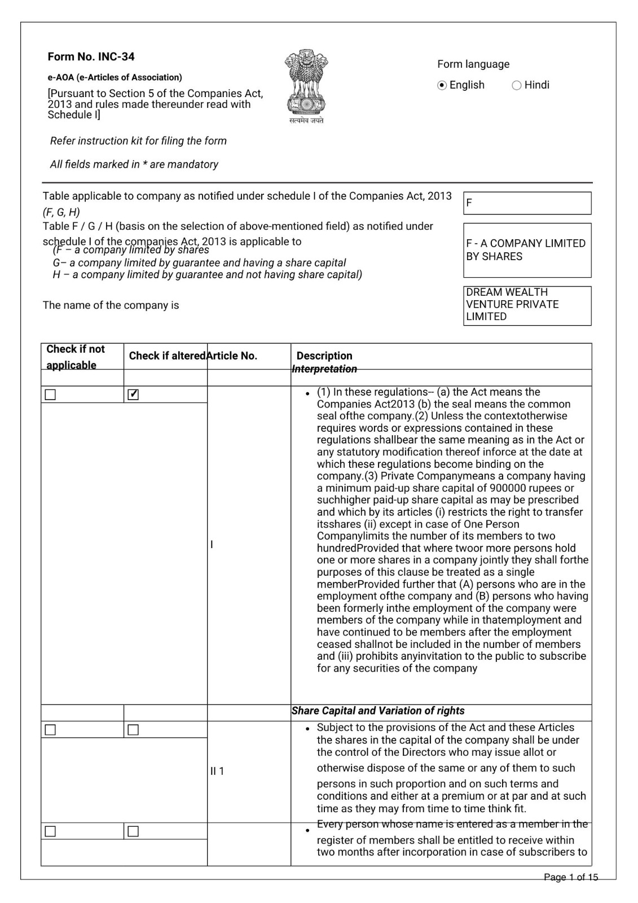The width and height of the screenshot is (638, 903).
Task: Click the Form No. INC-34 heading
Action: pos(91,56)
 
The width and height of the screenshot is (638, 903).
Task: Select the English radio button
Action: pos(442,85)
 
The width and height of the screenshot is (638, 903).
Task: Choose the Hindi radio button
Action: pos(516,85)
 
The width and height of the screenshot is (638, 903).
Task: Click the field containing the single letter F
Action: pos(527,203)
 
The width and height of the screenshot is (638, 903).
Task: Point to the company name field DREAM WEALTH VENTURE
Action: pos(527,305)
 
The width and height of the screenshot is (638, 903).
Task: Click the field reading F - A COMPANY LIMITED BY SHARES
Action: pos(527,250)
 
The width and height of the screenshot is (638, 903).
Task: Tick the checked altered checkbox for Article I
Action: pos(133,394)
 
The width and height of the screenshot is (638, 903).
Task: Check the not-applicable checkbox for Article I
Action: pos(50,394)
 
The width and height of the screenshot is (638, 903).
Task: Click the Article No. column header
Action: pos(232,356)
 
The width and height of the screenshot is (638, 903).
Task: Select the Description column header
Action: pos(324,356)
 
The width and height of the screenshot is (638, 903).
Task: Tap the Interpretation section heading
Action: pos(324,370)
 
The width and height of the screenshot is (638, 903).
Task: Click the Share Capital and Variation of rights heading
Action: pos(378,711)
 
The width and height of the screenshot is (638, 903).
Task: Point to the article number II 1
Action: pos(217,771)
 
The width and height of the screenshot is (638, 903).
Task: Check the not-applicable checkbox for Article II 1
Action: pos(50,730)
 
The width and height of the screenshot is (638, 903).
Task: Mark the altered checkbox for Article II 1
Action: pos(133,730)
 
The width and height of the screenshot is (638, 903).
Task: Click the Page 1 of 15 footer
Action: pos(570,877)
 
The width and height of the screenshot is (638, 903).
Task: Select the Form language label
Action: pos(473,64)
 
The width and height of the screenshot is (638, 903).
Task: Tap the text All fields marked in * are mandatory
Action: pos(134,164)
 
